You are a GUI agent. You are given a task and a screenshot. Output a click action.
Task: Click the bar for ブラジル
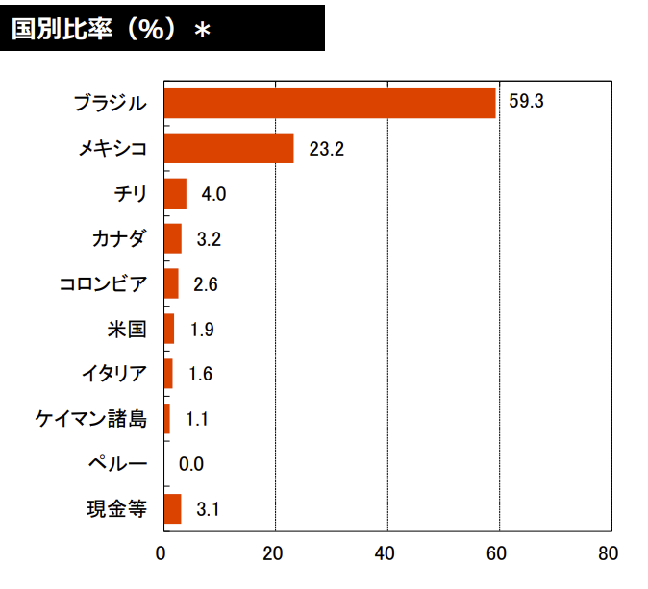[330, 103]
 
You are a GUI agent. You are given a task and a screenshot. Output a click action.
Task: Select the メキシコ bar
[229, 149]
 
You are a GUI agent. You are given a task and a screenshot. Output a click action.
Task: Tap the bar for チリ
[175, 194]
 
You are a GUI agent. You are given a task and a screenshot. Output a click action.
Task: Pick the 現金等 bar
[172, 509]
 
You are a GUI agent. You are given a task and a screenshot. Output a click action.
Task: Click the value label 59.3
[526, 103]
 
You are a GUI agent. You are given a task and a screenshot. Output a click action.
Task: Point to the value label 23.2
[326, 149]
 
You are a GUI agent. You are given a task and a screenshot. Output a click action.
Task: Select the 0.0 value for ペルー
[191, 465]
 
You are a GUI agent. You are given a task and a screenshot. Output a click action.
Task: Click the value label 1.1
[197, 420]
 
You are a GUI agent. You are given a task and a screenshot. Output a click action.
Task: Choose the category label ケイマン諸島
[90, 419]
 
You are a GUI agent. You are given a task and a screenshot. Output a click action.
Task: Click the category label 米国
[127, 330]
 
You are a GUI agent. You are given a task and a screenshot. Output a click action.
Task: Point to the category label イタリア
[114, 375]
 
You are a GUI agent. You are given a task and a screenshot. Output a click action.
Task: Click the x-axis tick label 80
[608, 554]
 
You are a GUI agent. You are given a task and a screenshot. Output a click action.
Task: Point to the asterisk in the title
[202, 31]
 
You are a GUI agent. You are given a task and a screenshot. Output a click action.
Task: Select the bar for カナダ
[173, 239]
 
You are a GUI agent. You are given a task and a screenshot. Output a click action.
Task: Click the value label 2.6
[206, 284]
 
